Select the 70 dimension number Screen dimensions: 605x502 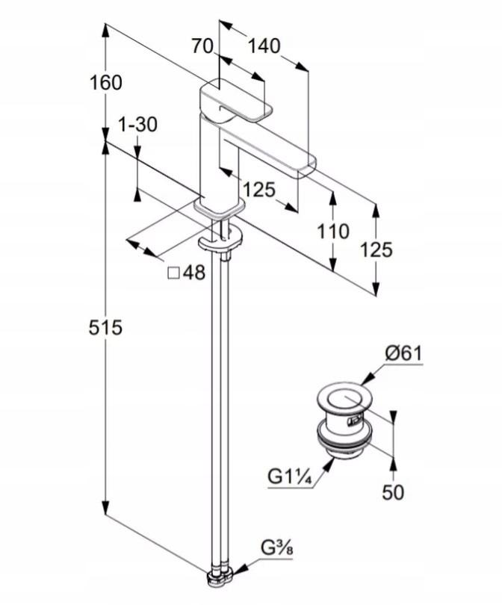pyautogui.click(x=202, y=46)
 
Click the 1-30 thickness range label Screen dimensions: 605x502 pyautogui.click(x=137, y=125)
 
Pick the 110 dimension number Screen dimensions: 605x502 pyautogui.click(x=332, y=232)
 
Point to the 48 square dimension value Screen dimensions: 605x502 pyautogui.click(x=193, y=273)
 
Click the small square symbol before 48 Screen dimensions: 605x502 pyautogui.click(x=173, y=273)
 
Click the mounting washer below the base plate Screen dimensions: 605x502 pyautogui.click(x=221, y=242)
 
